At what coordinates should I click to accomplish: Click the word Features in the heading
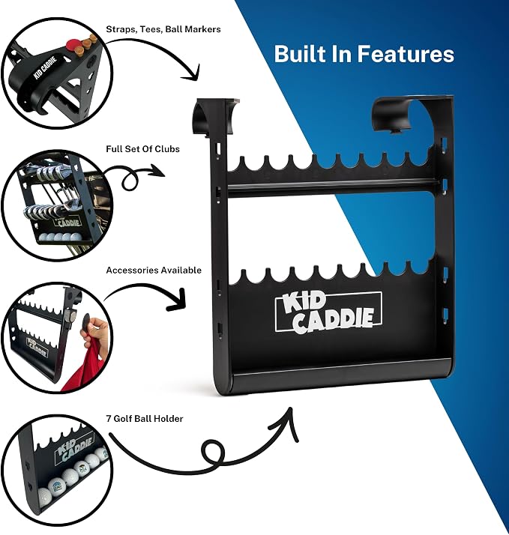pyautogui.click(x=406, y=54)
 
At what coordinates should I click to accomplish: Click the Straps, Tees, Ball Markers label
pyautogui.click(x=163, y=29)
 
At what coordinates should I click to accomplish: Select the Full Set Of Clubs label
pyautogui.click(x=142, y=149)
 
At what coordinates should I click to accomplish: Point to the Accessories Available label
pyautogui.click(x=154, y=270)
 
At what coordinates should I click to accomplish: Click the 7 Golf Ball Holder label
pyautogui.click(x=145, y=419)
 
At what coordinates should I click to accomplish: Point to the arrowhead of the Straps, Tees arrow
pyautogui.click(x=192, y=74)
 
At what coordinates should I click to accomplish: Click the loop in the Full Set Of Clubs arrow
pyautogui.click(x=130, y=180)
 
